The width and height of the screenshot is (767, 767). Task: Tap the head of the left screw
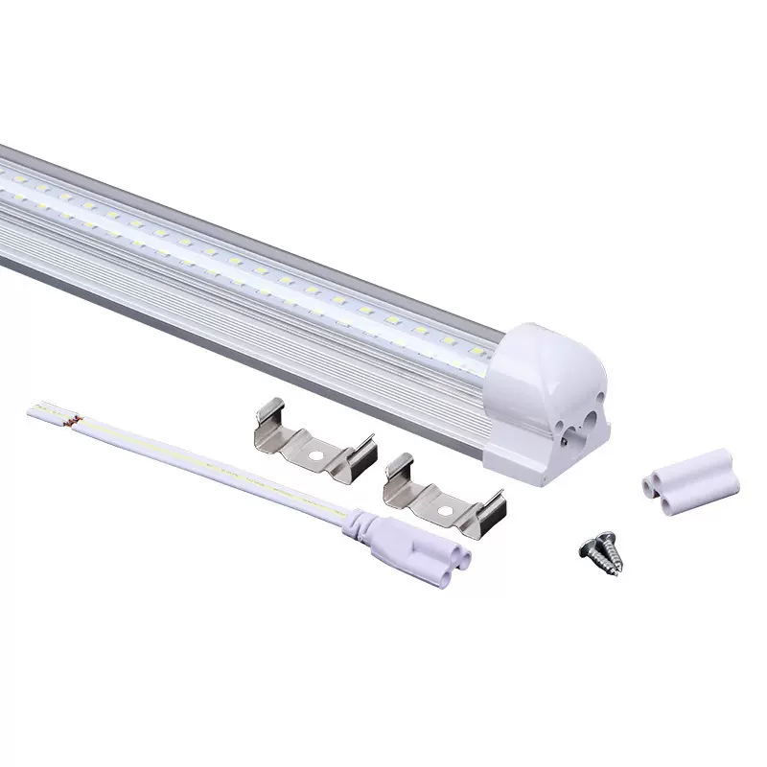coord(588,547)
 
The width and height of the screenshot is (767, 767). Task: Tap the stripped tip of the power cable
coord(38,410)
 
